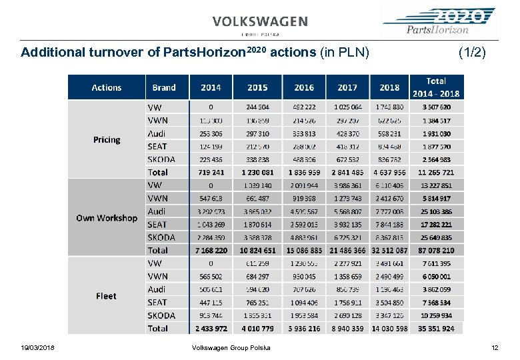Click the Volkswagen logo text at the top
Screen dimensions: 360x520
pyautogui.click(x=260, y=21)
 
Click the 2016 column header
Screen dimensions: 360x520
pyautogui.click(x=303, y=87)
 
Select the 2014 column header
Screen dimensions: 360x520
pyautogui.click(x=210, y=87)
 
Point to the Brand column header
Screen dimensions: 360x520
pyautogui.click(x=164, y=87)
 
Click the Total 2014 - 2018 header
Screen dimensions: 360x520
pyautogui.click(x=436, y=87)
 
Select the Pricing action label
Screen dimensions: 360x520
pyautogui.click(x=107, y=140)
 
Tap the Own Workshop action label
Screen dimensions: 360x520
pyautogui.click(x=107, y=218)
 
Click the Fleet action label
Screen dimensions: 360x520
pyautogui.click(x=107, y=296)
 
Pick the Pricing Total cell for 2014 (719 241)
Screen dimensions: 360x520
pyautogui.click(x=211, y=172)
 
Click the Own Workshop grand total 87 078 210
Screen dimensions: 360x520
pyautogui.click(x=436, y=251)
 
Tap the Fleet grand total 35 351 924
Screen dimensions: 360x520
pyautogui.click(x=436, y=329)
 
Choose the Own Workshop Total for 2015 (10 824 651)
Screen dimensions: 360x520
pyautogui.click(x=257, y=251)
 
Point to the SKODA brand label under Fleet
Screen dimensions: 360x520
pyautogui.click(x=161, y=315)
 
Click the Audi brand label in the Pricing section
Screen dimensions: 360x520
pyautogui.click(x=157, y=133)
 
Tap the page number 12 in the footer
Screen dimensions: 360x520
pyautogui.click(x=494, y=347)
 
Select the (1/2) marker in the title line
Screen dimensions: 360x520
pyautogui.click(x=472, y=51)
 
